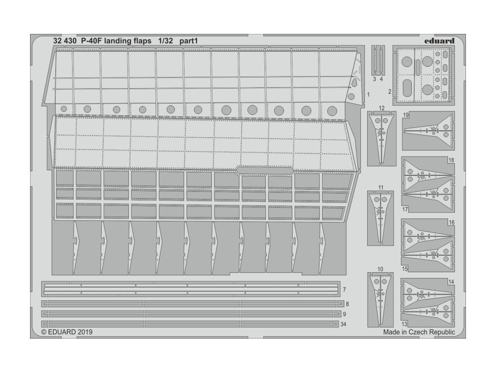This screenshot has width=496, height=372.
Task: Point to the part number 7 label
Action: point(344,290)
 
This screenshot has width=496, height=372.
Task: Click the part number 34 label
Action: point(344,324)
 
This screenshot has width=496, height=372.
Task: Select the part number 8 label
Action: point(347,304)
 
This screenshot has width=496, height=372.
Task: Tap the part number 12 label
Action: point(382,108)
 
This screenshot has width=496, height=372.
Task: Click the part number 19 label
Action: point(406,115)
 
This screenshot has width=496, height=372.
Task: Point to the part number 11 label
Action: point(381,187)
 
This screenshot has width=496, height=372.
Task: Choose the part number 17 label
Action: point(405,209)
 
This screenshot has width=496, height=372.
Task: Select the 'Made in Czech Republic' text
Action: point(418,332)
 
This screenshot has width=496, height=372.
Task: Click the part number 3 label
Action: point(375,78)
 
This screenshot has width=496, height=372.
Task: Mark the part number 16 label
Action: point(451,223)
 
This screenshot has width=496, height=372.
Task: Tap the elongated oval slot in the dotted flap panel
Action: point(264,170)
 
